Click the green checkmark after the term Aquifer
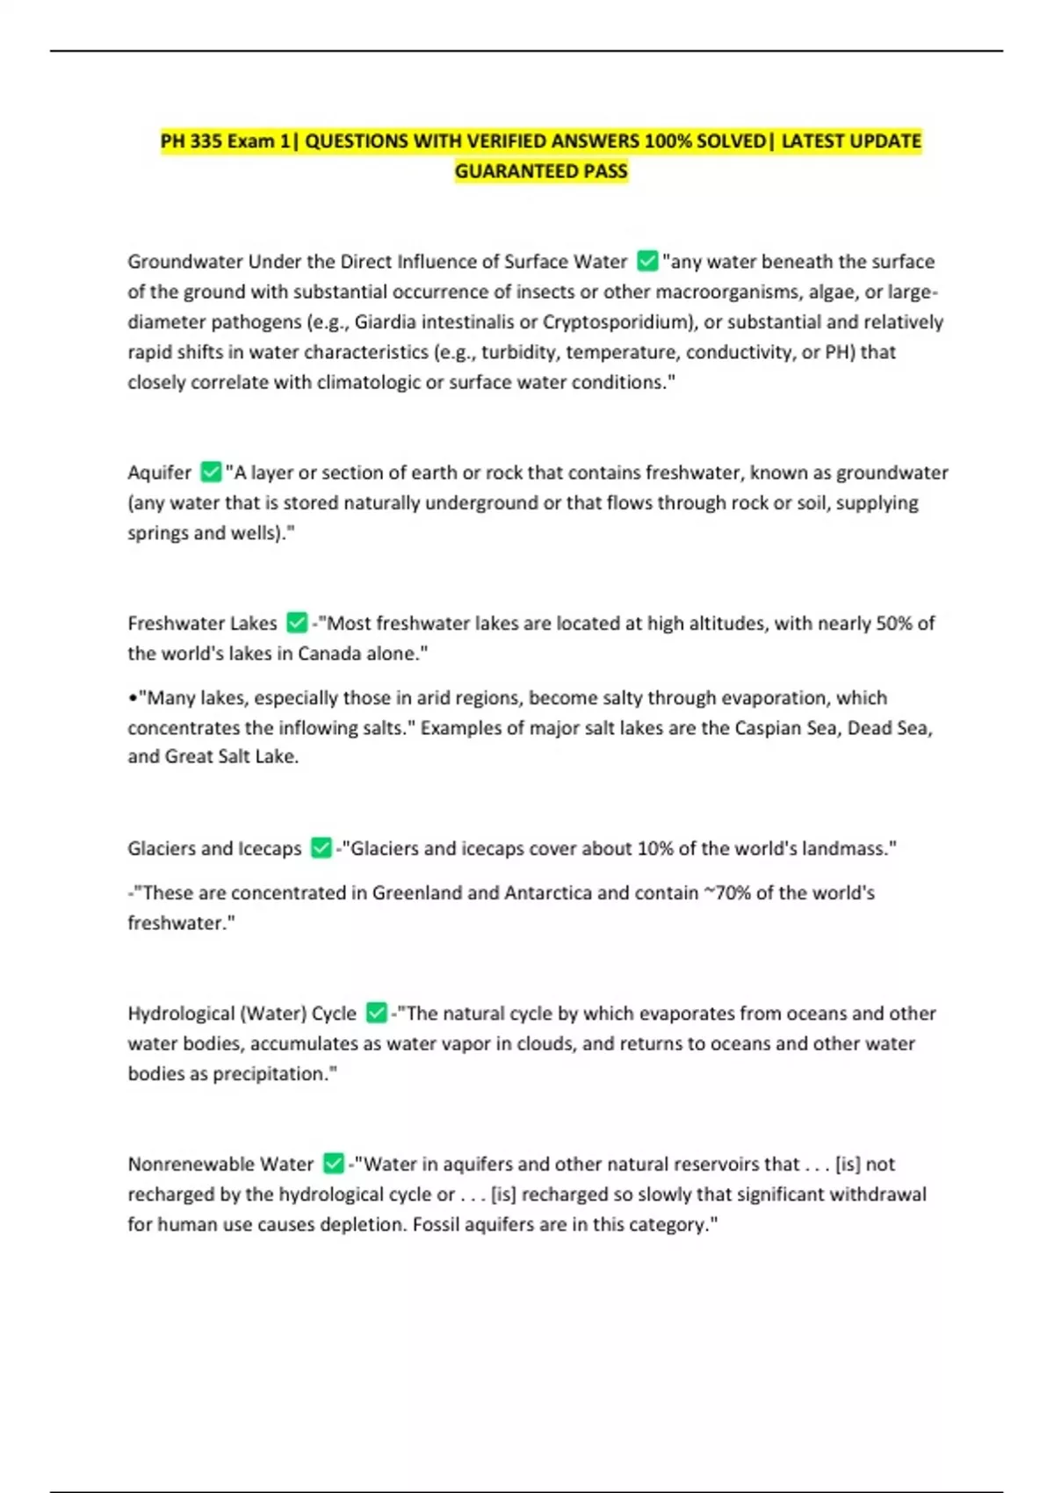(x=211, y=472)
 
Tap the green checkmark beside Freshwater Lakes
(x=297, y=623)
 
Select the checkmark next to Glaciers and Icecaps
(x=321, y=848)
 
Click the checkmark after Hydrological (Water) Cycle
(x=377, y=1013)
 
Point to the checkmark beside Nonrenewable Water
(x=334, y=1164)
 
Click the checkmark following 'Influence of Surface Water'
(x=647, y=261)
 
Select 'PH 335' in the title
(x=191, y=141)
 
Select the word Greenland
(x=417, y=893)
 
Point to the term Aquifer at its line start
(x=159, y=472)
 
